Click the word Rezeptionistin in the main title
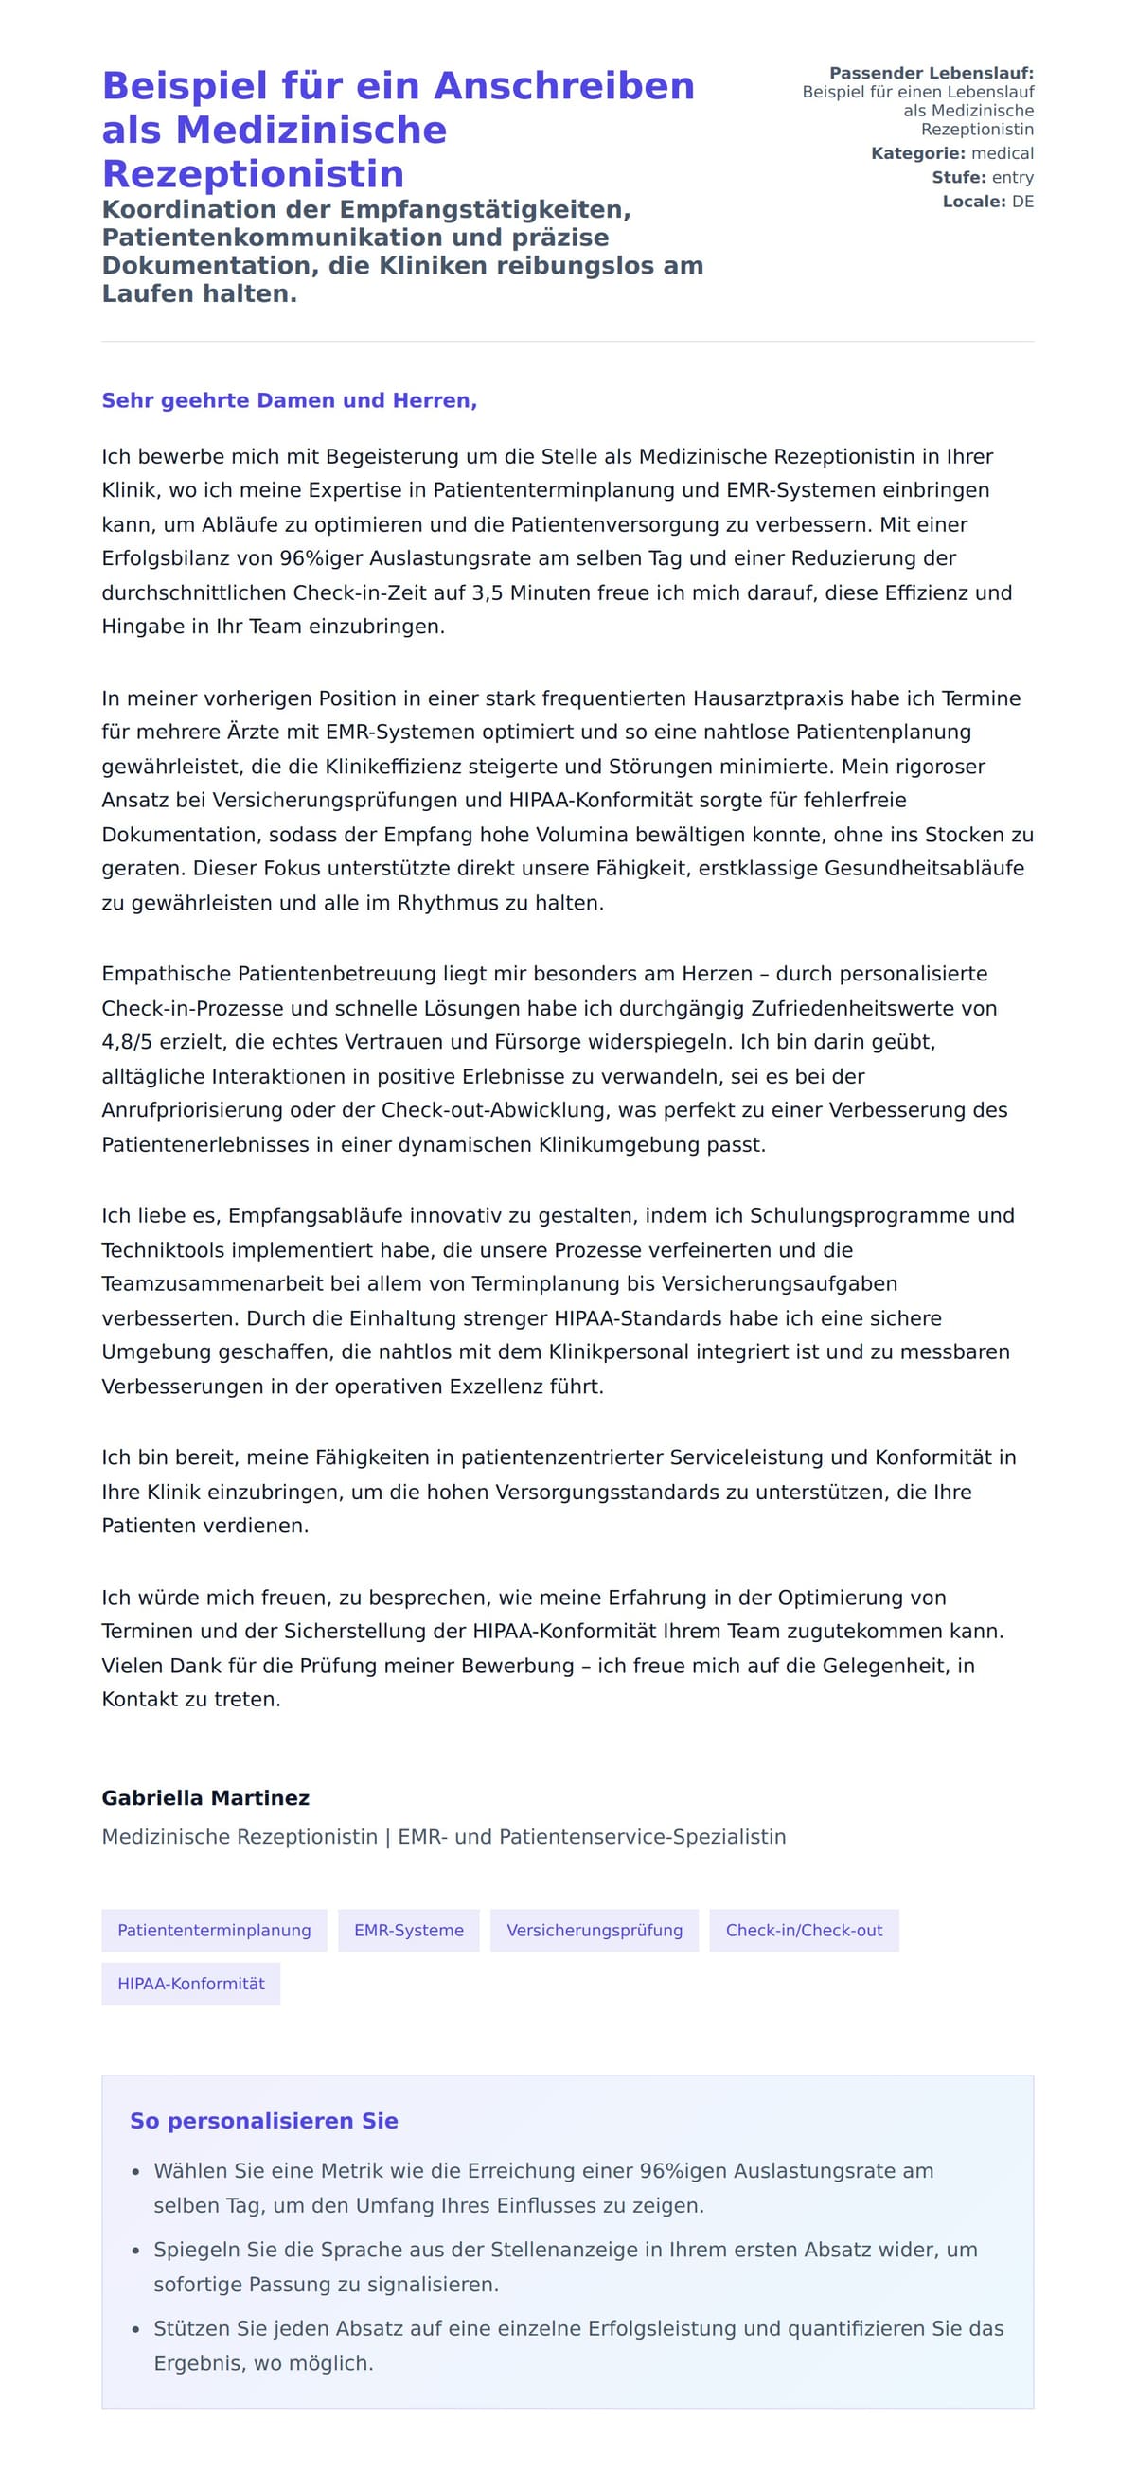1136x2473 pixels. coord(253,174)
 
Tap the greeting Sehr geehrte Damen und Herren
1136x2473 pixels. coord(289,400)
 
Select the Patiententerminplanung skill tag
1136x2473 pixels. coord(214,1930)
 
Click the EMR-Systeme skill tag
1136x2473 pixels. coord(408,1930)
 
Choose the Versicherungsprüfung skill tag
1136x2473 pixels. coord(594,1930)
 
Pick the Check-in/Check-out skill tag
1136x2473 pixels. coord(803,1930)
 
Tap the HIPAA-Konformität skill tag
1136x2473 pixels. coord(191,1984)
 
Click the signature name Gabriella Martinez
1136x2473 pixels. coord(205,1797)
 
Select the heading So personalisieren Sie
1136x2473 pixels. coord(263,2121)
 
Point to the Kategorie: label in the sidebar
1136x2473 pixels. coord(917,153)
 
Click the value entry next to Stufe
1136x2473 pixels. coord(1012,178)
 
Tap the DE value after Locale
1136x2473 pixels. coord(1021,202)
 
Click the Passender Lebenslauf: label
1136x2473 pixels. coord(931,73)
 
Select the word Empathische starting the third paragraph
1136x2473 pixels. coord(166,974)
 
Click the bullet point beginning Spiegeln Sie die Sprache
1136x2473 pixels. coord(564,2267)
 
